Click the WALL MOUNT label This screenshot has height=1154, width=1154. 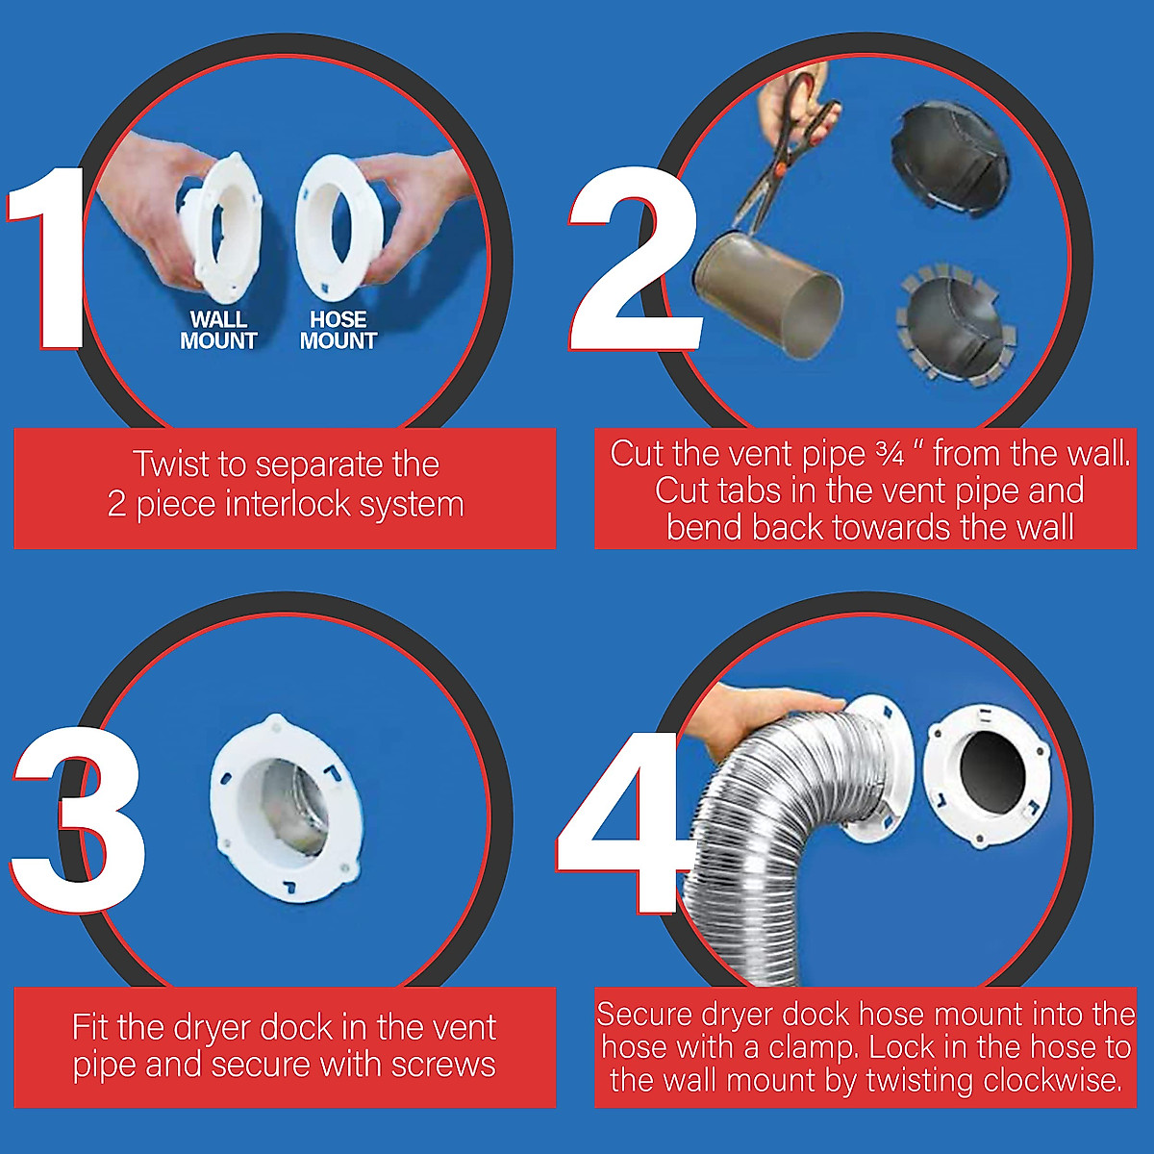(218, 330)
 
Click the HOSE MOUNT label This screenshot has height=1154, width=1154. (338, 330)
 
